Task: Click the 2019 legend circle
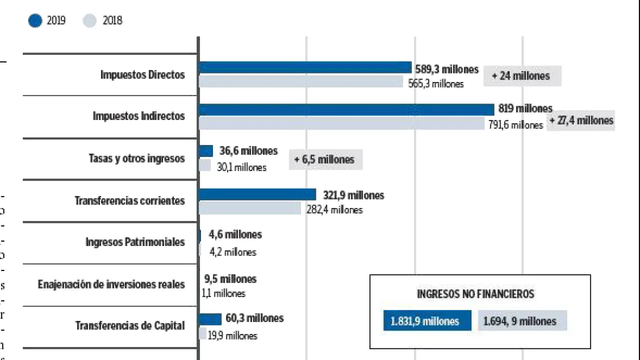pyautogui.click(x=35, y=21)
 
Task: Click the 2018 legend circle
pyautogui.click(x=89, y=21)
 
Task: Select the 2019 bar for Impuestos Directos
pyautogui.click(x=305, y=67)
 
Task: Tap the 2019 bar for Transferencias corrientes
pyautogui.click(x=257, y=194)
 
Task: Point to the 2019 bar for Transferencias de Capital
pyautogui.click(x=210, y=319)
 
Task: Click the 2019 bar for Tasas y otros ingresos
pyautogui.click(x=206, y=151)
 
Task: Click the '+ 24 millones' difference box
pyautogui.click(x=522, y=76)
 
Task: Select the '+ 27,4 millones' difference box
pyautogui.click(x=581, y=120)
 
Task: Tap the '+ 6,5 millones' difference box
pyautogui.click(x=325, y=159)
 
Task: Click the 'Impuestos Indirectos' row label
pyautogui.click(x=138, y=116)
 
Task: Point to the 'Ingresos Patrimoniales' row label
pyautogui.click(x=135, y=242)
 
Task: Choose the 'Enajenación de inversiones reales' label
pyautogui.click(x=111, y=284)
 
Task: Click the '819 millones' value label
pyautogui.click(x=525, y=108)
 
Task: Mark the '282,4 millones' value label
pyautogui.click(x=334, y=210)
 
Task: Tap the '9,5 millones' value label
pyautogui.click(x=230, y=279)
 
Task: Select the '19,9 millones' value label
pyautogui.click(x=232, y=336)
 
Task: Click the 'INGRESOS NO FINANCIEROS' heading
pyautogui.click(x=475, y=294)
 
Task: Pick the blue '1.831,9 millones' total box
pyautogui.click(x=427, y=321)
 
